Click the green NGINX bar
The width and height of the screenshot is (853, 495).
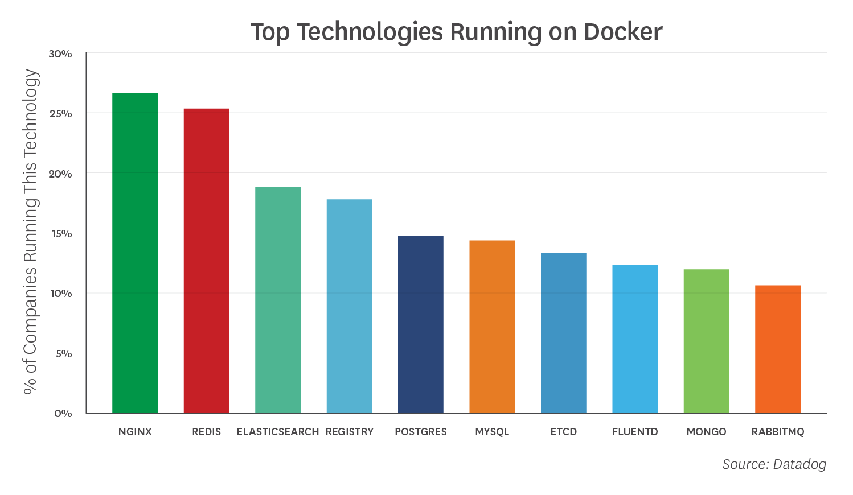pos(135,253)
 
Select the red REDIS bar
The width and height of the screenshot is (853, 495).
pos(206,261)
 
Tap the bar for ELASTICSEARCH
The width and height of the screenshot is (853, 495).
pos(278,300)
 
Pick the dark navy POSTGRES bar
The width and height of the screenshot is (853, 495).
pos(421,324)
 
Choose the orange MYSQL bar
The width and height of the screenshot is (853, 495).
pos(492,327)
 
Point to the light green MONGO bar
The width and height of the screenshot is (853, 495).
pos(706,341)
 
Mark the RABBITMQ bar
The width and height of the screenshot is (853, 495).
pos(778,349)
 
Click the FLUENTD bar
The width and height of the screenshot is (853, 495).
pos(635,339)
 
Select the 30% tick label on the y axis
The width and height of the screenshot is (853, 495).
pos(60,54)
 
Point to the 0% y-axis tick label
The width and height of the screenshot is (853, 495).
pos(63,414)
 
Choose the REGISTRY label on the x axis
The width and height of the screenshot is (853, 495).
pos(350,432)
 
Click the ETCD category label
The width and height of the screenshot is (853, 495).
pos(564,432)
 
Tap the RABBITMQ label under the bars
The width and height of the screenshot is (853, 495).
pos(778,432)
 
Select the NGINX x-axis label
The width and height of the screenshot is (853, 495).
pos(135,432)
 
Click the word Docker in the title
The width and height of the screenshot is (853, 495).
pos(623,32)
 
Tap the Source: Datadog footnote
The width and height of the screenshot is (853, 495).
pos(774,464)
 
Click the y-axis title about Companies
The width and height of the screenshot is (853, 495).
pos(31,232)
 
